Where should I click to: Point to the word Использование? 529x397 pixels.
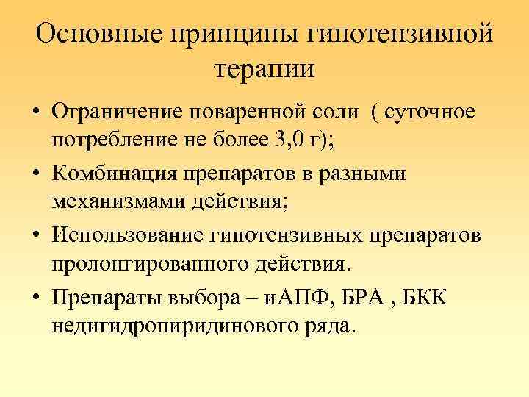coord(129,235)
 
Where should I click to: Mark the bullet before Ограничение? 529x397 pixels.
coord(36,114)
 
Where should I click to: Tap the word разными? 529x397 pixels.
coord(364,174)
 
